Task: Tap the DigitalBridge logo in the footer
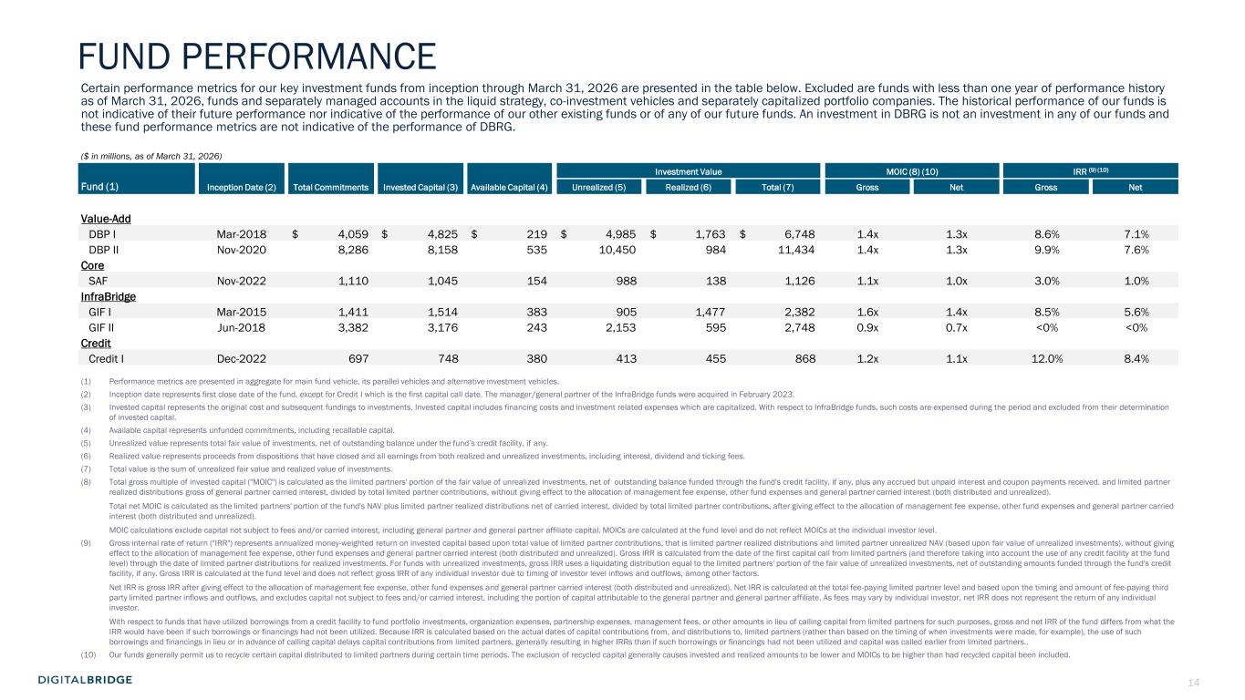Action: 85,679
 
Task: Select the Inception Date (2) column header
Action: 240,187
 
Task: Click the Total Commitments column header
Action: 329,187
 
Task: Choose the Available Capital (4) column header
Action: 509,187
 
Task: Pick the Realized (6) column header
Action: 688,187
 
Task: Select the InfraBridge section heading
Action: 109,296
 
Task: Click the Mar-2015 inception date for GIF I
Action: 242,312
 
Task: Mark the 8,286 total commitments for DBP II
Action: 344,249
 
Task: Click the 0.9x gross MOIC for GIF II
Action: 868,327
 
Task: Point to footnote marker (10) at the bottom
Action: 89,654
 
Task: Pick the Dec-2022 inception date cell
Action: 242,359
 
